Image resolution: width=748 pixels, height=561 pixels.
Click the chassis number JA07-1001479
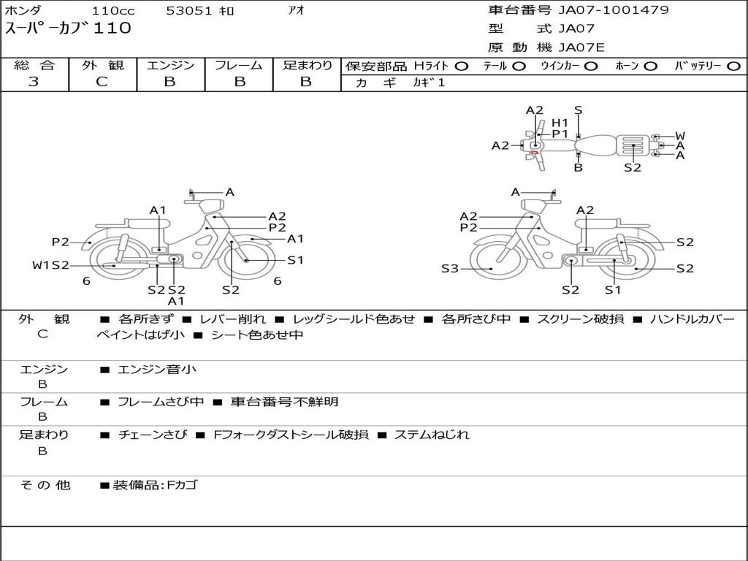tap(614, 10)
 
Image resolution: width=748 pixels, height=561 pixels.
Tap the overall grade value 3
tap(34, 82)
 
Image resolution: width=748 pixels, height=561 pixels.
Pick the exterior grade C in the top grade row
tap(102, 82)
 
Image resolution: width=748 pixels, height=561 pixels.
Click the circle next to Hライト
tap(462, 66)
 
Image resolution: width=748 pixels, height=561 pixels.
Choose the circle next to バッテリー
tap(733, 66)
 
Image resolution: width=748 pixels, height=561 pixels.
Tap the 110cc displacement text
tap(113, 10)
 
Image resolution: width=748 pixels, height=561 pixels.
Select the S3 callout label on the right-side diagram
tap(450, 269)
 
